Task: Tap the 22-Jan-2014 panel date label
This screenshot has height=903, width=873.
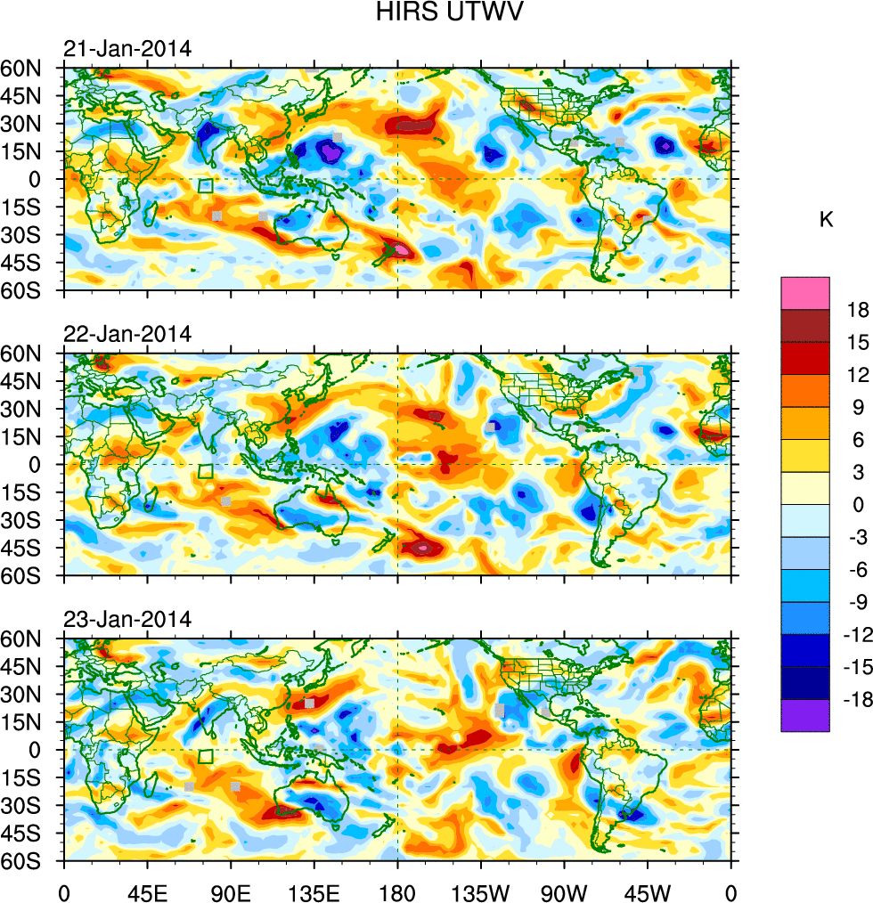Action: (x=127, y=335)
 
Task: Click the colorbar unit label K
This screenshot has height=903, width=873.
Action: (x=827, y=219)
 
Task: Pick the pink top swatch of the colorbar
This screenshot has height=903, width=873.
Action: (x=805, y=293)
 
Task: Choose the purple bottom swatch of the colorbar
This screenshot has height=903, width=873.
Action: (x=805, y=716)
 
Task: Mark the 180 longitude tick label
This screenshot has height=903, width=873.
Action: (x=397, y=892)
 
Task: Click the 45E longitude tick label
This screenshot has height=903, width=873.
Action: (x=146, y=892)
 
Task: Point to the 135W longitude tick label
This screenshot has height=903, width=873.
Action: (x=481, y=892)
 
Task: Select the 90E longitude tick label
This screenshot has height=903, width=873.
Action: (x=231, y=892)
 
